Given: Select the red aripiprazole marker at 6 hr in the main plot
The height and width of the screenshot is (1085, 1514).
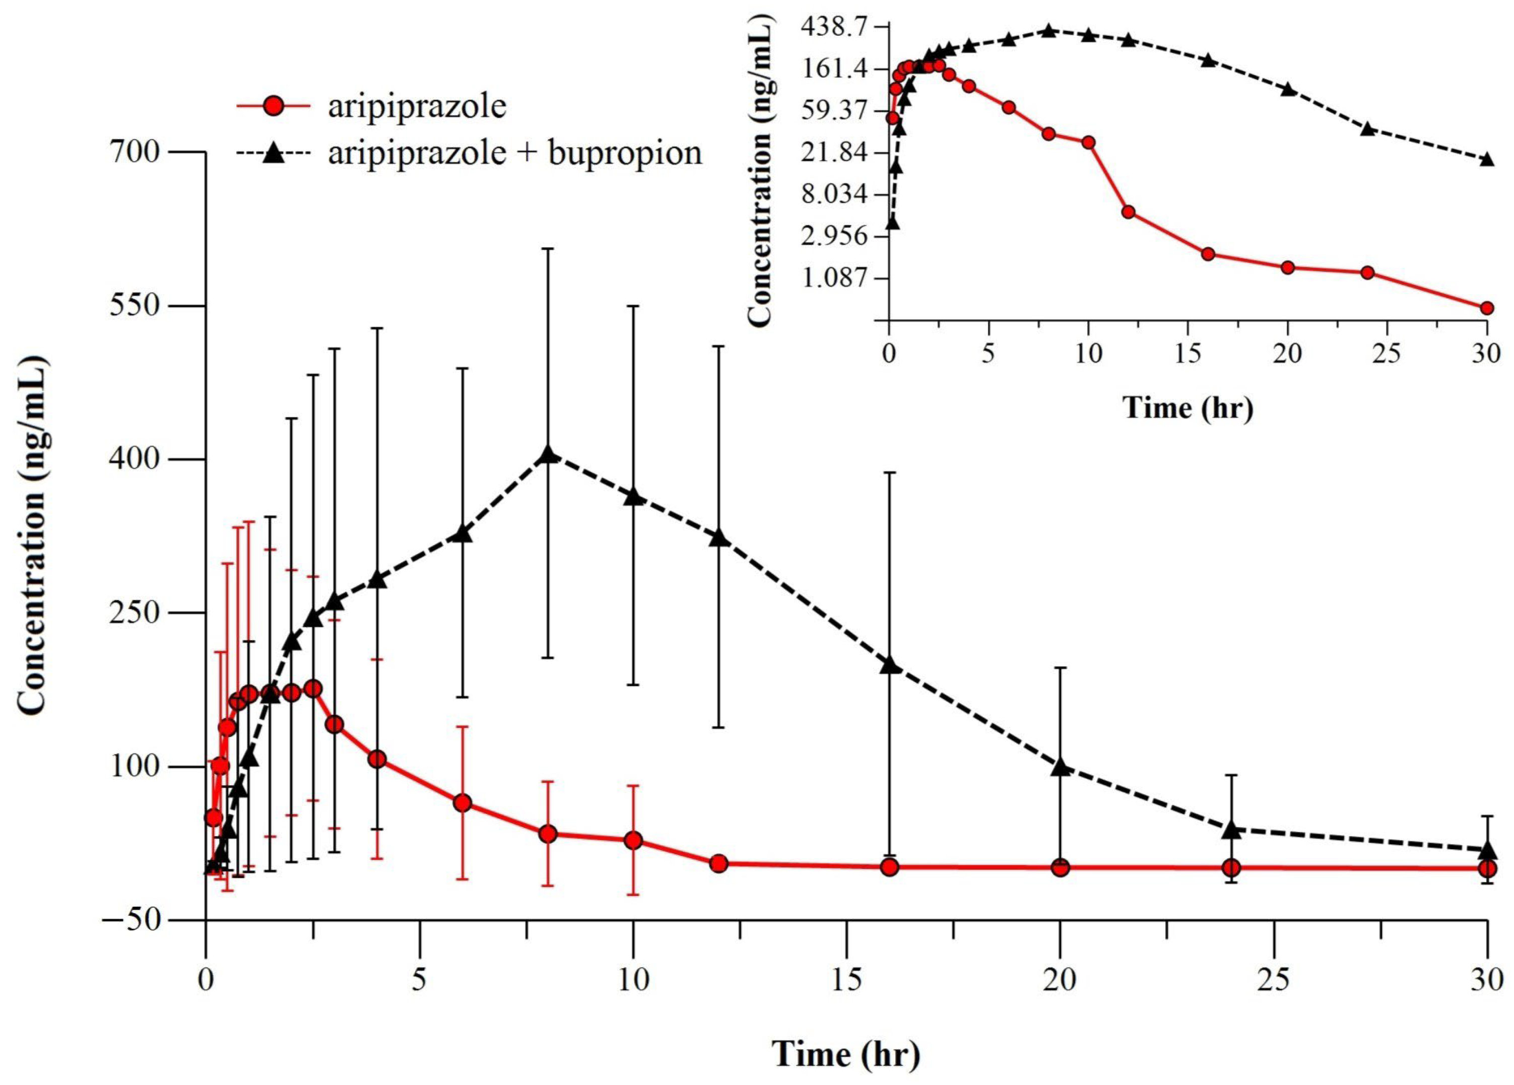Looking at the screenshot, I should pyautogui.click(x=462, y=803).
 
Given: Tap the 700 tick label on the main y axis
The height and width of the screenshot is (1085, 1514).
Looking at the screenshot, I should pyautogui.click(x=136, y=153).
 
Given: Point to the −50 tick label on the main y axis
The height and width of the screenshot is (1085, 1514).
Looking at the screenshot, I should pyautogui.click(x=131, y=921).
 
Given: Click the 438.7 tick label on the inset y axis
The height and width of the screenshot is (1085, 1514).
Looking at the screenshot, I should pyautogui.click(x=836, y=27).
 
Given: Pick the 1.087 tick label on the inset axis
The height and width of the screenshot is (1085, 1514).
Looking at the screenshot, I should pyautogui.click(x=836, y=278).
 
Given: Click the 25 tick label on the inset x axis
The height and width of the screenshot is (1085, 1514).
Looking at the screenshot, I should pyautogui.click(x=1387, y=354).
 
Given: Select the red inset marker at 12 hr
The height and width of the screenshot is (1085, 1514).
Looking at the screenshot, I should pyautogui.click(x=1128, y=212).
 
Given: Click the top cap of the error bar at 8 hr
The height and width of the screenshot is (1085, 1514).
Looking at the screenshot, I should pyautogui.click(x=547, y=249).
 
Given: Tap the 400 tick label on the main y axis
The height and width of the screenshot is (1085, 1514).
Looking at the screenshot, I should pyautogui.click(x=136, y=460).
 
